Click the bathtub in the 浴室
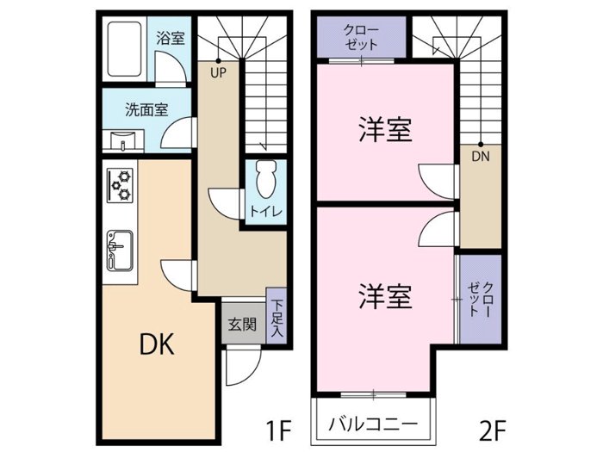(124, 49)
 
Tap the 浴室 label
(171, 38)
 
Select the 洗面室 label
(146, 110)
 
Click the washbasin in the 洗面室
(122, 141)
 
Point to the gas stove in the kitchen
(120, 186)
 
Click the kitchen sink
(120, 251)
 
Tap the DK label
(157, 344)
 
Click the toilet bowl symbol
(266, 179)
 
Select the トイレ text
(266, 212)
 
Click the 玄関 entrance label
(242, 325)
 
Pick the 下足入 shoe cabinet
(277, 319)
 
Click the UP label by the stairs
(218, 73)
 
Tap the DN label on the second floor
(481, 157)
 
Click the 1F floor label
(278, 430)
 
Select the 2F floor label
(493, 430)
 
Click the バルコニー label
(373, 424)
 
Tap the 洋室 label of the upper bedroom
(385, 129)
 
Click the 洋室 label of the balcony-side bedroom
(385, 296)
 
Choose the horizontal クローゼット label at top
(361, 37)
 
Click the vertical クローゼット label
(481, 300)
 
